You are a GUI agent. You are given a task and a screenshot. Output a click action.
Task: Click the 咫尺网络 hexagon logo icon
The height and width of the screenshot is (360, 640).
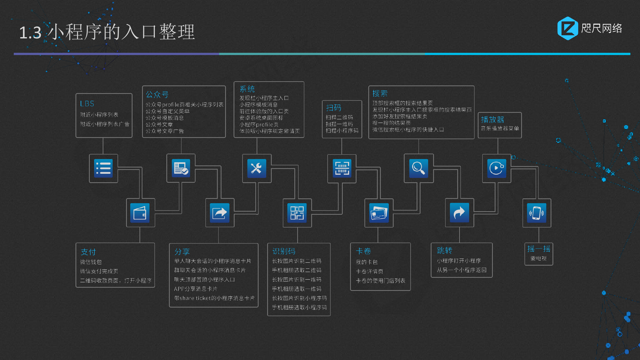[567, 28]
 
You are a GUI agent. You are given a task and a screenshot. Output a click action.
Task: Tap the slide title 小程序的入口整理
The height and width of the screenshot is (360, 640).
[122, 32]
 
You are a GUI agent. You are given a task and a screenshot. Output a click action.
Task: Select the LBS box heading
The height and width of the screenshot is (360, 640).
[87, 104]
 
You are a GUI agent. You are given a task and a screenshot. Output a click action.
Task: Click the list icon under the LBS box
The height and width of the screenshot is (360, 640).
[103, 168]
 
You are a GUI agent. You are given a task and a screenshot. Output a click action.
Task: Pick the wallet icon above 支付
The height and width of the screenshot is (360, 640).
[140, 213]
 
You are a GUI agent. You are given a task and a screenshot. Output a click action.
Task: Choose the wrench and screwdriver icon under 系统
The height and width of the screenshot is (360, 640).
[257, 168]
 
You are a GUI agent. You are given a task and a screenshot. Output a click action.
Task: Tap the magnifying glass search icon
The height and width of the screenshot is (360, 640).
[419, 168]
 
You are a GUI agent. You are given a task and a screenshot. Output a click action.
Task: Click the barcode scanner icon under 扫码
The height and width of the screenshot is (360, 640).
[342, 168]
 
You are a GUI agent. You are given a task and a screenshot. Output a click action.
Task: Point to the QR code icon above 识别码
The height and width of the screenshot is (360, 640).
[297, 213]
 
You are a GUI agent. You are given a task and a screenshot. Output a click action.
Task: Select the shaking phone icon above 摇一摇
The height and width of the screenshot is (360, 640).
[537, 213]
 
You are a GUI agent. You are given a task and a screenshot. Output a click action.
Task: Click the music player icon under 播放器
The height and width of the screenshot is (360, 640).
[497, 168]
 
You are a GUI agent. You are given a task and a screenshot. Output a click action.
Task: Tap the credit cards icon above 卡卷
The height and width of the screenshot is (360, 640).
[379, 213]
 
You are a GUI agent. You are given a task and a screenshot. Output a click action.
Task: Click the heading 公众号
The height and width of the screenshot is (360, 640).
[157, 94]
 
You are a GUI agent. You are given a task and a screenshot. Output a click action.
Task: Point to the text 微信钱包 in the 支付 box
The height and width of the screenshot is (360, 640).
[91, 262]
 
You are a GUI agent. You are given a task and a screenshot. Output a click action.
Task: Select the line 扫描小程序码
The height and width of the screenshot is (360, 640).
[342, 131]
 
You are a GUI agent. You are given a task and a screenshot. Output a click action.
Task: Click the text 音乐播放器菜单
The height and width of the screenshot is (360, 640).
[500, 128]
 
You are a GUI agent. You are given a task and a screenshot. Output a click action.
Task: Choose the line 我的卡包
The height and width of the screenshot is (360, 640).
[367, 262]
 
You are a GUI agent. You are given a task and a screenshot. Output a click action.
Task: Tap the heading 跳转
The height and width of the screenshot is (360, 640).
[444, 251]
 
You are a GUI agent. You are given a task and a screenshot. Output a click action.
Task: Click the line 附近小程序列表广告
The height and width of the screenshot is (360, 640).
[105, 124]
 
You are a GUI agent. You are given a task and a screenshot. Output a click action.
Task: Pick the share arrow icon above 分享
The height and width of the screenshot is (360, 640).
[220, 213]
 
